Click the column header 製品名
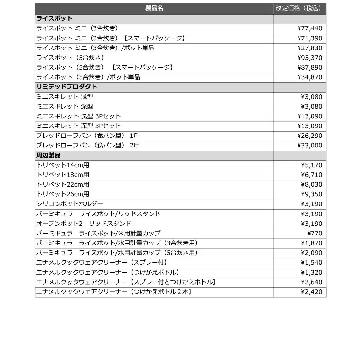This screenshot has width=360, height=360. coord(154,8)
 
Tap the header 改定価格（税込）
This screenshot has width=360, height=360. coord(298,8)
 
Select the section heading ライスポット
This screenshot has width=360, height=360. coord(54,18)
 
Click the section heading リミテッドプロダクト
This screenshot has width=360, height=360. coord(67,87)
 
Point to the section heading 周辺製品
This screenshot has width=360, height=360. coord(49,155)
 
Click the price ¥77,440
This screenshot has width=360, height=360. coord(310,28)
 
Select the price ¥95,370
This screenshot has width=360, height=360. coord(310,58)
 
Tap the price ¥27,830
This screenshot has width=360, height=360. coord(310,48)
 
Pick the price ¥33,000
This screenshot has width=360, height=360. coord(310,146)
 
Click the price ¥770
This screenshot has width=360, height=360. coord(314,233)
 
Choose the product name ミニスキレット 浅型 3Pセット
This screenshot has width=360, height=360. coord(78,116)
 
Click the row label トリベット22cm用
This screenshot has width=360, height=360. coord(63,185)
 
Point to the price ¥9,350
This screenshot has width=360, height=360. coord(311,194)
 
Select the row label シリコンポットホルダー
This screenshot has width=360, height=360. coord(70,204)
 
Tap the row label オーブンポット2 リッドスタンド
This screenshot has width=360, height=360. coord(84,224)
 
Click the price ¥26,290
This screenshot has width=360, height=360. coord(310,136)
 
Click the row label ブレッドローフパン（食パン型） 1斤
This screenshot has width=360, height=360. coord(88,136)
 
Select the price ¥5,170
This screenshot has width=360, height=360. coord(311,165)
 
